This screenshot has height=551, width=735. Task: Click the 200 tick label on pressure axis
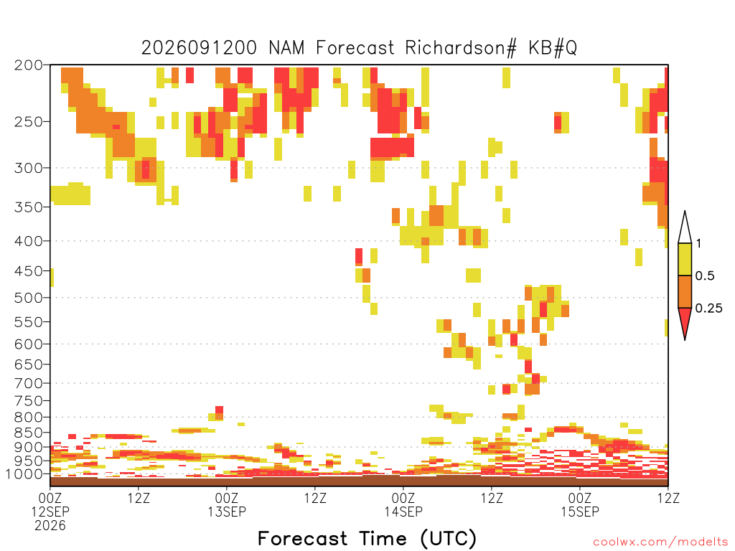click(x=29, y=65)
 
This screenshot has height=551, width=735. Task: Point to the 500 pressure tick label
click(x=29, y=298)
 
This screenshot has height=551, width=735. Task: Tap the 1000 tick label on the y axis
click(x=24, y=474)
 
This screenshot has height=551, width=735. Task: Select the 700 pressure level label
click(x=29, y=383)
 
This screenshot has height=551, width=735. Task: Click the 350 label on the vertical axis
click(x=29, y=207)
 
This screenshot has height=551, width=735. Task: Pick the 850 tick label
click(x=29, y=433)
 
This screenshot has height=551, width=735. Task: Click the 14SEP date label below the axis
click(x=403, y=512)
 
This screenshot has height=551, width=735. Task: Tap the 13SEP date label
click(x=227, y=512)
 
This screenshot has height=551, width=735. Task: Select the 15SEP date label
click(x=580, y=512)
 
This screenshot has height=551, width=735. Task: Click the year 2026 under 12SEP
click(x=50, y=526)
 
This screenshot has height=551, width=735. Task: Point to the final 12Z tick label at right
click(x=668, y=498)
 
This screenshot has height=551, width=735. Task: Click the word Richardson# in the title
click(x=461, y=48)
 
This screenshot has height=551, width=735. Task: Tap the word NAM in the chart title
click(x=286, y=48)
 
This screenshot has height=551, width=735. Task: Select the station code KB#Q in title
click(x=553, y=48)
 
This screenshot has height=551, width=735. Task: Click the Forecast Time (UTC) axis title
click(x=367, y=538)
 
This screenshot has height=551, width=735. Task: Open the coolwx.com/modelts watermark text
click(x=660, y=542)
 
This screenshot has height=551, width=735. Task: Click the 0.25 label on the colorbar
click(x=708, y=309)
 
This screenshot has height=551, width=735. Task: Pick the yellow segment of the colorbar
click(x=685, y=259)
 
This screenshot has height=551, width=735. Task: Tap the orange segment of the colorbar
click(x=685, y=291)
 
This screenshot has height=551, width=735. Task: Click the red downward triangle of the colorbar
click(x=685, y=319)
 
